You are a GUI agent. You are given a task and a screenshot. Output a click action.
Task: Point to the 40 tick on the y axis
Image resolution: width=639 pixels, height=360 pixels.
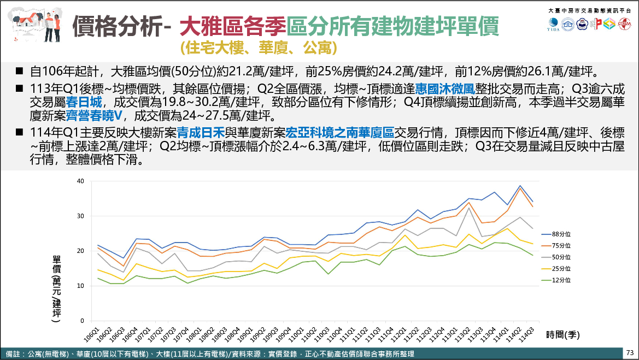80,181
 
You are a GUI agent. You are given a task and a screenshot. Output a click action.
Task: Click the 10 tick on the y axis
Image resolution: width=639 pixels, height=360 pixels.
80,286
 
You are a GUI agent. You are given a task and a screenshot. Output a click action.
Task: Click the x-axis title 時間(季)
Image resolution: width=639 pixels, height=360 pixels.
562,334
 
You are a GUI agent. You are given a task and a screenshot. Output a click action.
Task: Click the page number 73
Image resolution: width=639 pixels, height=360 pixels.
630,352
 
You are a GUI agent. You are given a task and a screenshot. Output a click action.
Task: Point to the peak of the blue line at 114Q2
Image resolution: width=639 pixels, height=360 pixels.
520,186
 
